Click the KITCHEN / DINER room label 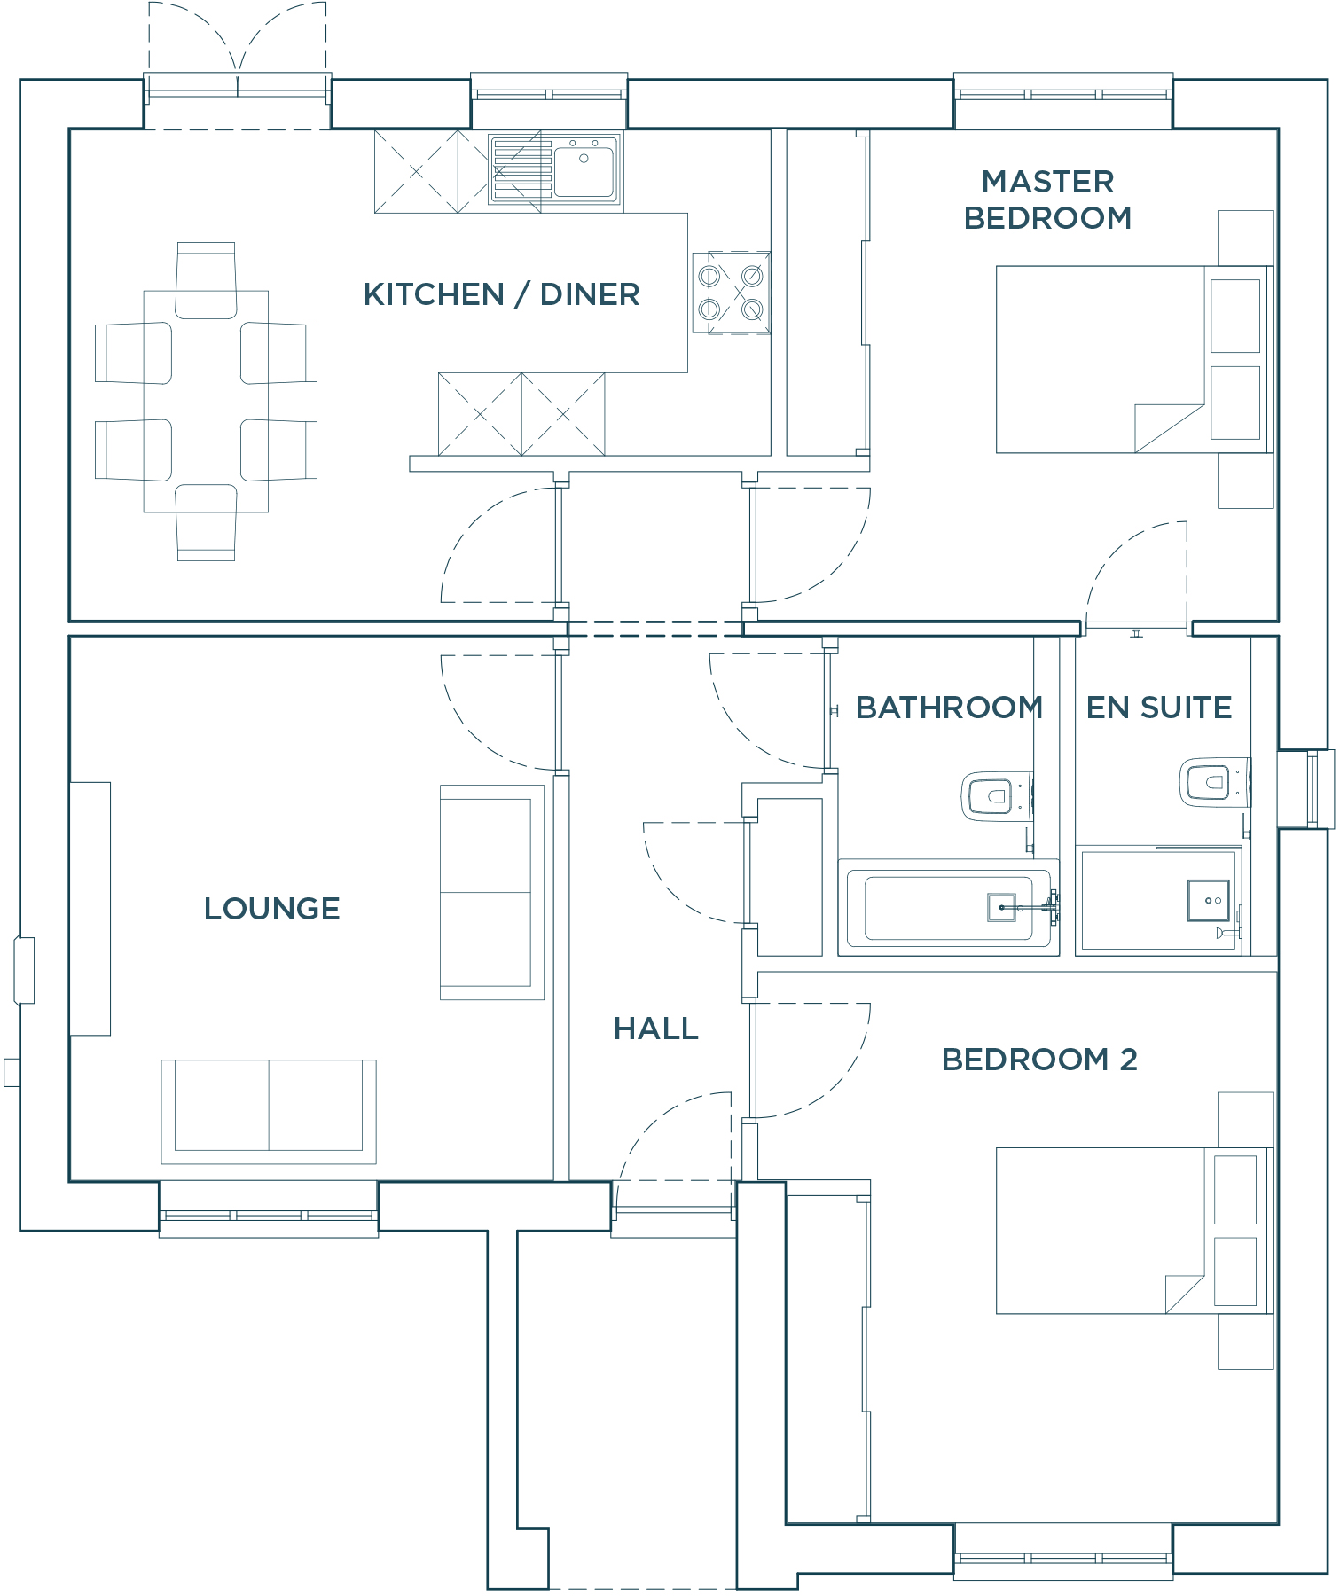coord(501,294)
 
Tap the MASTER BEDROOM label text coord(1047,199)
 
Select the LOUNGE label coord(271,908)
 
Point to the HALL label coord(655,1029)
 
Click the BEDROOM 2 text coord(1038,1059)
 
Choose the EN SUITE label coord(1158,708)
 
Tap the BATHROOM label coord(948,708)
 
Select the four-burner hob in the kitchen coord(731,293)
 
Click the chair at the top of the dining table coord(206,279)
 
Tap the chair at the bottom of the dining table coord(206,523)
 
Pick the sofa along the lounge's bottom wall coord(268,1111)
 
